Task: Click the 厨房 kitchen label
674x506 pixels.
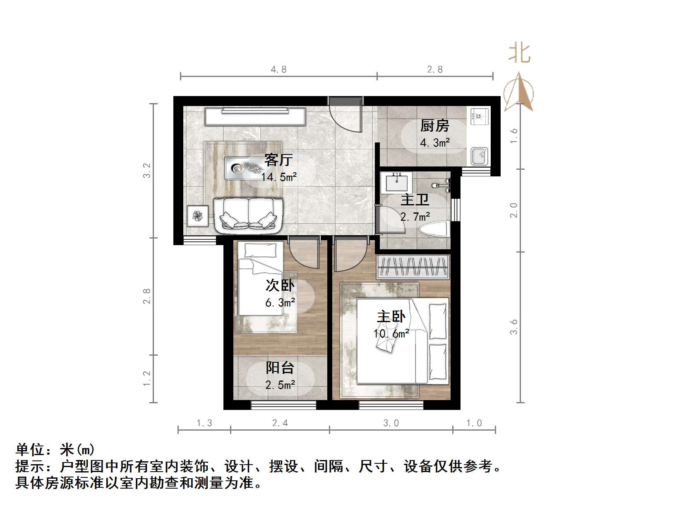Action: (x=434, y=125)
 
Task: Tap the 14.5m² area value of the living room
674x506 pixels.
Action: (x=279, y=177)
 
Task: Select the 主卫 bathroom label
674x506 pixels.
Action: (x=415, y=200)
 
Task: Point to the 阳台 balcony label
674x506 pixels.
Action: (x=280, y=368)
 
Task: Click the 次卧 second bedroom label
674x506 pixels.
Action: (x=280, y=285)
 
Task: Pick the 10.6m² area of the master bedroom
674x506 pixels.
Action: (x=391, y=334)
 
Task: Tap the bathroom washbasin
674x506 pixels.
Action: (x=396, y=183)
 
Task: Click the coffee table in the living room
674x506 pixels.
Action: (x=244, y=168)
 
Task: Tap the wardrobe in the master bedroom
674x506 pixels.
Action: (x=413, y=266)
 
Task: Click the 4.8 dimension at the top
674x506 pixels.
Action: (x=278, y=69)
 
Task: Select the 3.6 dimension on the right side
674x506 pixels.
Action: (x=513, y=327)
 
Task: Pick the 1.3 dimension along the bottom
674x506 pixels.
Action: (x=204, y=423)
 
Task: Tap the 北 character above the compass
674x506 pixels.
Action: (x=519, y=54)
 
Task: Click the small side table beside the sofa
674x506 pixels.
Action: (x=197, y=216)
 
